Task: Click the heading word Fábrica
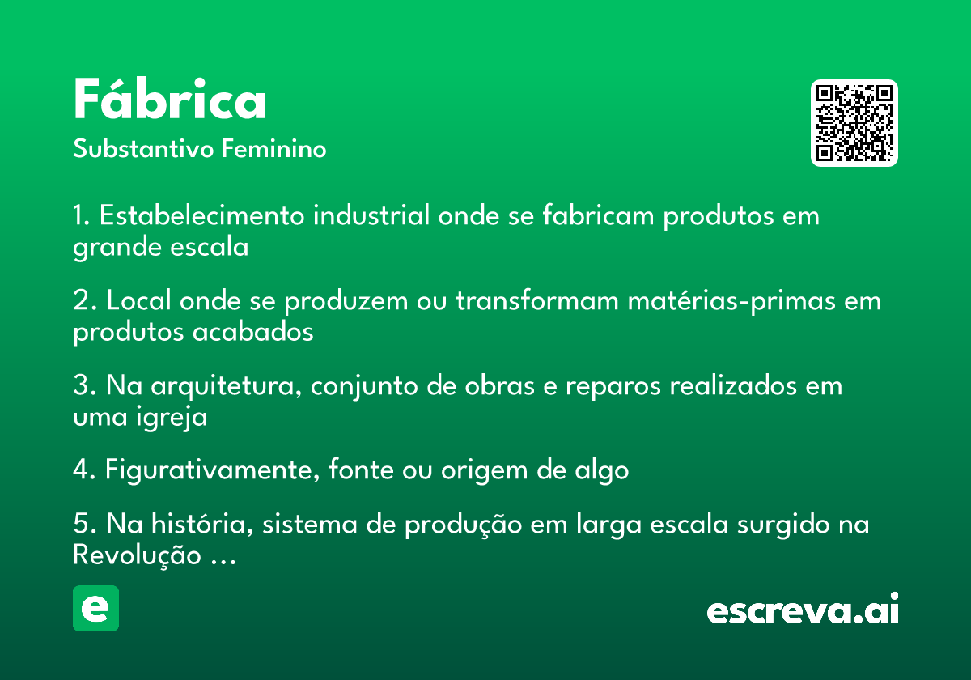click(x=169, y=99)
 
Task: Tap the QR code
click(x=854, y=123)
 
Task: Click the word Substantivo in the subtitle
click(x=143, y=148)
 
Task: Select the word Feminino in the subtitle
click(x=274, y=148)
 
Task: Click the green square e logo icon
click(x=95, y=608)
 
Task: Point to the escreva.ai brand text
click(x=803, y=609)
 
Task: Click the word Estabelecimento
click(x=202, y=215)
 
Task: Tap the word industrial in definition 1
click(x=371, y=215)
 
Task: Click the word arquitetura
click(x=226, y=387)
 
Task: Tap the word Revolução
click(x=137, y=555)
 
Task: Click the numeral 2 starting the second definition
click(x=81, y=300)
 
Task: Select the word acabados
click(x=252, y=332)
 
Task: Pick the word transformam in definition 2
click(x=537, y=300)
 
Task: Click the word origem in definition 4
click(x=484, y=471)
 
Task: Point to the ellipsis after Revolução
click(x=223, y=562)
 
